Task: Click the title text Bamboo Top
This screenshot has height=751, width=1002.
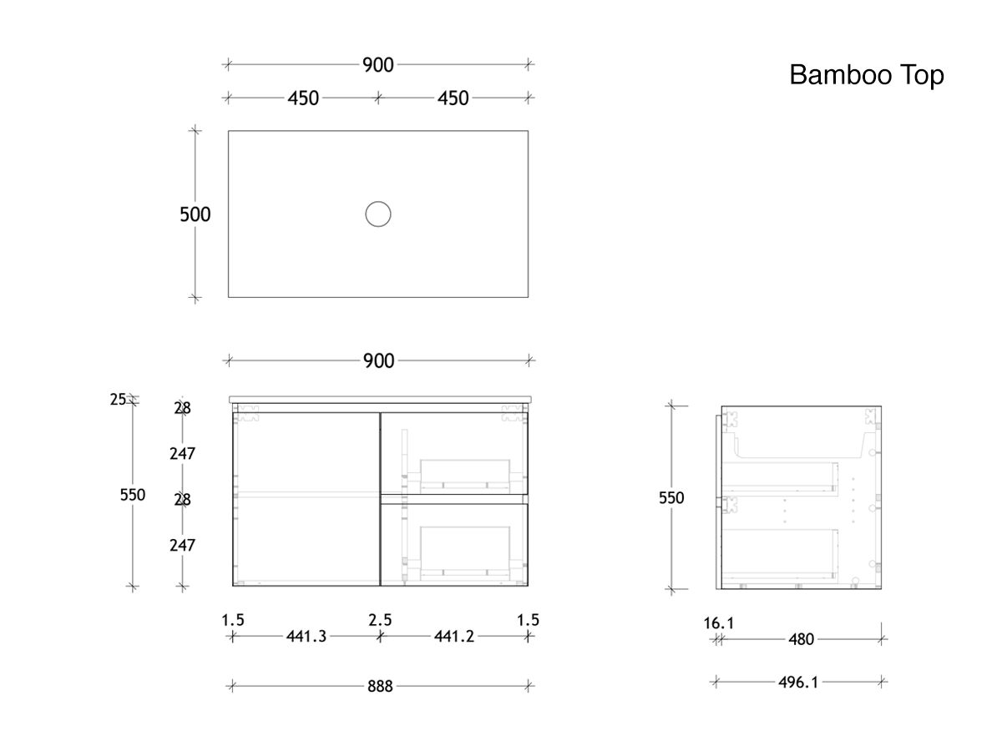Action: point(867,75)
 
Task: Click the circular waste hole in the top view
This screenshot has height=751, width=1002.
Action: point(378,214)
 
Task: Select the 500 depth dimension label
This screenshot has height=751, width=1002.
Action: point(195,214)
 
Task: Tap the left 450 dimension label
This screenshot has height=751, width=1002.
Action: point(303,98)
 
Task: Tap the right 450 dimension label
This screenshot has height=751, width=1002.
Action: point(453,98)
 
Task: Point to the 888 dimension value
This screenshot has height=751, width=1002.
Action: point(380,687)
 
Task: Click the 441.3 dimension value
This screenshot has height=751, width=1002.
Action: point(306,637)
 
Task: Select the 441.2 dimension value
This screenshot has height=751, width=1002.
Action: point(454,637)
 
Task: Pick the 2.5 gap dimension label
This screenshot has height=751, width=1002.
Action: point(380,620)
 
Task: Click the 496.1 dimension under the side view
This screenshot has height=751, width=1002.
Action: point(798,682)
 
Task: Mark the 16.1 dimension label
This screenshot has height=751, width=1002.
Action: point(719,622)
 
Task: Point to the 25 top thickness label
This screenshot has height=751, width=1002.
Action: point(118,400)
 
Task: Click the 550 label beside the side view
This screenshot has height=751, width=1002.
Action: point(671,498)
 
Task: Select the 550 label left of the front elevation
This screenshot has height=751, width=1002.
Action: point(132,495)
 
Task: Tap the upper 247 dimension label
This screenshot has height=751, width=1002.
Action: point(182,454)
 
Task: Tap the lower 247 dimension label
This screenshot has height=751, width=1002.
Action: point(182,545)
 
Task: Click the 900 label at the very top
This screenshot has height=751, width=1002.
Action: point(378,65)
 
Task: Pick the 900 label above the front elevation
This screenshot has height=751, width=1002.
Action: point(379,361)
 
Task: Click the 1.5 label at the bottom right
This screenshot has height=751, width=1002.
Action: point(528,620)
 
